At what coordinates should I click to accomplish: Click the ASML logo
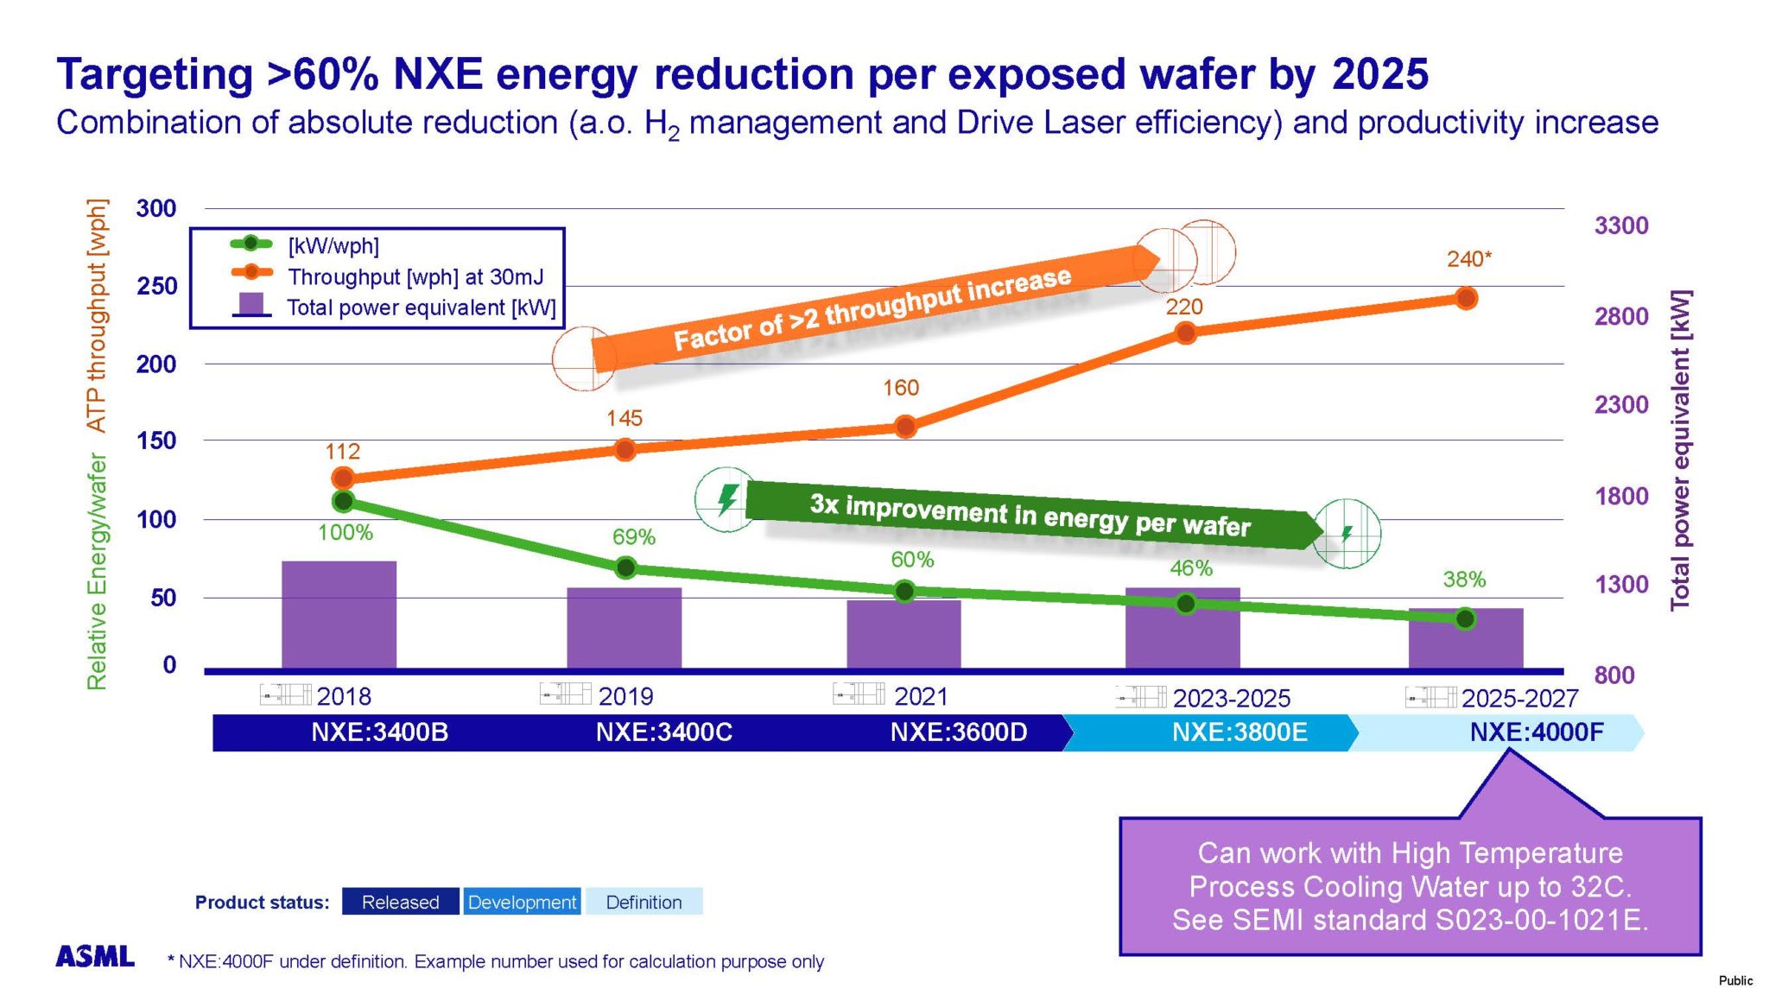[x=95, y=956]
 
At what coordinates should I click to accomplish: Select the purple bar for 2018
[x=339, y=614]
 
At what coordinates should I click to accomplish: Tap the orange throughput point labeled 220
[x=1185, y=333]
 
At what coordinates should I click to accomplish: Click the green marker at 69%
[x=625, y=567]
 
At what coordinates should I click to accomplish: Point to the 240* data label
[x=1468, y=258]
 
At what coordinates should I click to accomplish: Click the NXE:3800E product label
[x=1239, y=732]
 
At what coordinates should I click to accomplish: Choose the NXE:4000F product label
[x=1536, y=732]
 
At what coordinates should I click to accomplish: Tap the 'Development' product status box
[x=522, y=902]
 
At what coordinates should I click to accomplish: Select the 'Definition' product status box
[x=644, y=902]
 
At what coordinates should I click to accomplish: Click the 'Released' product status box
[x=400, y=902]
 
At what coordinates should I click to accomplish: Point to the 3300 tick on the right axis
[x=1621, y=225]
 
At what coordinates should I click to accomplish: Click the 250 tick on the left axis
[x=156, y=286]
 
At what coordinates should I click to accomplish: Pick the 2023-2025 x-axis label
[x=1231, y=698]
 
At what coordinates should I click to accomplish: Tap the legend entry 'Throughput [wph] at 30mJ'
[x=415, y=276]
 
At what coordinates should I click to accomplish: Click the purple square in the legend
[x=250, y=304]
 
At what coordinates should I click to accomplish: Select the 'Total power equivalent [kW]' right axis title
[x=1679, y=449]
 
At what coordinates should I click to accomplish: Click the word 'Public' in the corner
[x=1734, y=980]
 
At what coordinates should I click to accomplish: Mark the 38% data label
[x=1464, y=580]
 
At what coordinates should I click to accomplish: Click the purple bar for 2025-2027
[x=1466, y=638]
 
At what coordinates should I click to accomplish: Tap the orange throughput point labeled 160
[x=905, y=427]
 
